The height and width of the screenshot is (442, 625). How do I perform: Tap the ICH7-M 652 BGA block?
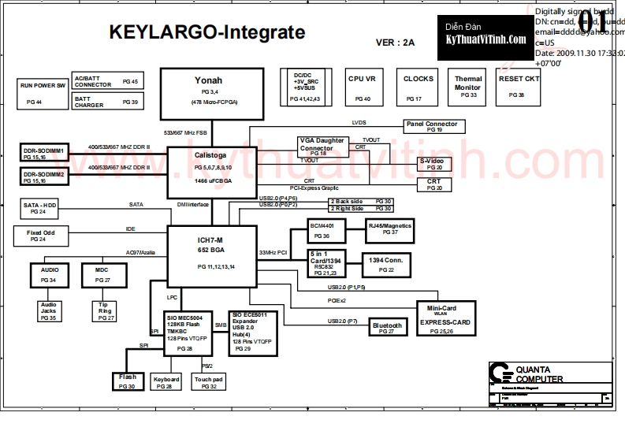pyautogui.click(x=211, y=252)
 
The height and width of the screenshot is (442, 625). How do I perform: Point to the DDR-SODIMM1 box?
pyautogui.click(x=44, y=152)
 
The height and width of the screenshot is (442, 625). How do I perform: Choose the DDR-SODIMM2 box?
pyautogui.click(x=44, y=176)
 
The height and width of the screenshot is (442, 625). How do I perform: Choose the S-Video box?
pyautogui.click(x=435, y=164)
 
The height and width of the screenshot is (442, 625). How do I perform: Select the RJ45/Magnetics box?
pyautogui.click(x=390, y=228)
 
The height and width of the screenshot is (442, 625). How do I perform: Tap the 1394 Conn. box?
pyautogui.click(x=386, y=263)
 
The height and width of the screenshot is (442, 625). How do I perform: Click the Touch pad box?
pyautogui.click(x=208, y=382)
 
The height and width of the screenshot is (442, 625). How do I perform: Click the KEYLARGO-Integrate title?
pyautogui.click(x=206, y=32)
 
